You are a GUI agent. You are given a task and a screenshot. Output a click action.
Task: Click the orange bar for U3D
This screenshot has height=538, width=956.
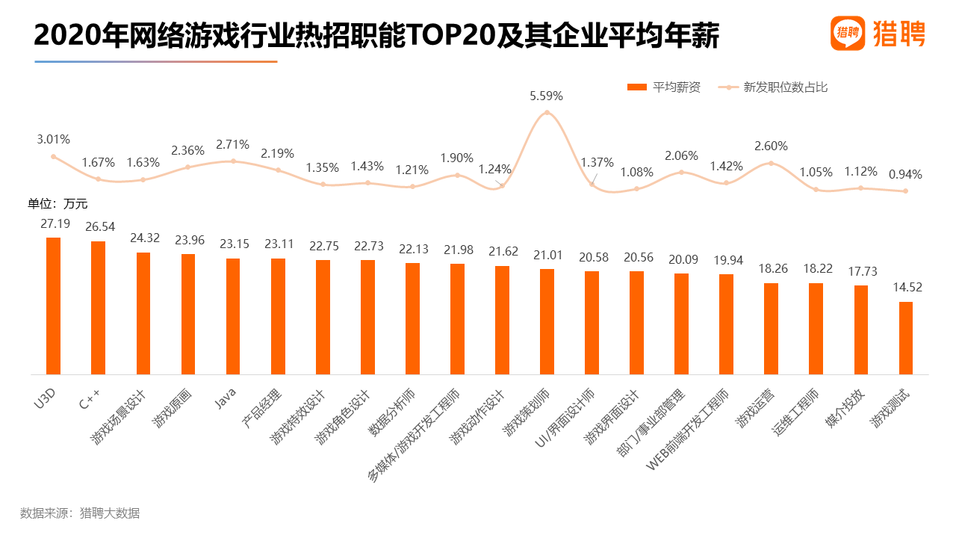coord(53,306)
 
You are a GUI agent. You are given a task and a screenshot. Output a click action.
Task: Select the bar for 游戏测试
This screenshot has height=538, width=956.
coord(906,338)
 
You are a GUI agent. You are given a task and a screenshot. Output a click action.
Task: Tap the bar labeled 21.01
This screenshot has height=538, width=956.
coord(547,321)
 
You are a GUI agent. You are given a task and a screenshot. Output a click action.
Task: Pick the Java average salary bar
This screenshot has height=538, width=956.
coord(233,316)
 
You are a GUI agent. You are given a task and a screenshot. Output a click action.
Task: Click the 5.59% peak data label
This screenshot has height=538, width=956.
coord(546,96)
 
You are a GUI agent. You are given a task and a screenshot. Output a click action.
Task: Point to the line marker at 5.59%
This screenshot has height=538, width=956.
coord(547,113)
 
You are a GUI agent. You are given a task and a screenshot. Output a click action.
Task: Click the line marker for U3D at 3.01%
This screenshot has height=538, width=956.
coord(53,156)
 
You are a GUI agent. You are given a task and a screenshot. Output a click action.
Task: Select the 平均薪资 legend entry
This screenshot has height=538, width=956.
coord(664,87)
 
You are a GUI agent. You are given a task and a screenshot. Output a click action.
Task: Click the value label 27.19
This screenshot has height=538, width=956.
coord(53,223)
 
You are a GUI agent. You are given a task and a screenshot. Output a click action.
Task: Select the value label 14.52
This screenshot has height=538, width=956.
coord(906,288)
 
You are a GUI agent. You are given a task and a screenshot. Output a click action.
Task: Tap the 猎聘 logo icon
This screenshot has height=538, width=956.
coord(848,34)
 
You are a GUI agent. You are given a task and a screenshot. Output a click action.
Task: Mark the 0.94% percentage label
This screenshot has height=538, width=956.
coord(906,175)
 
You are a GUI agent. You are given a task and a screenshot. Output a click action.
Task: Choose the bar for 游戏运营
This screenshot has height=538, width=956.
coord(771,329)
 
